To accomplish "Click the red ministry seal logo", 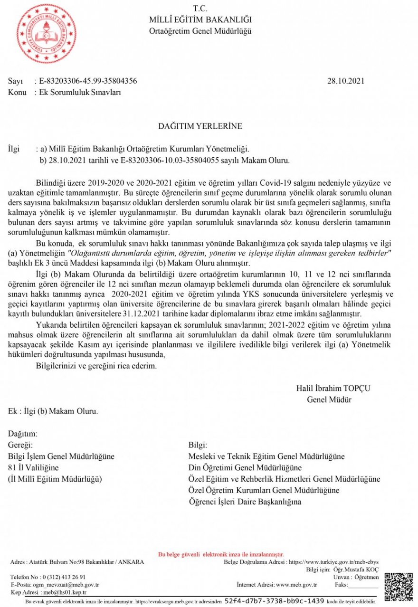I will point(47,34).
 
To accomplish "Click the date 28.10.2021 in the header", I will point(345,81).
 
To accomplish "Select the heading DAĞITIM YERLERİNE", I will point(200,126).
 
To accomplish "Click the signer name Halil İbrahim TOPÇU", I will point(333,388).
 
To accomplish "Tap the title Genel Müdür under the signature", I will point(329,399).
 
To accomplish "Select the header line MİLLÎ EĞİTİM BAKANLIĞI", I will point(200,19).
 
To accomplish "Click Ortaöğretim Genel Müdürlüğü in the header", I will point(200,31).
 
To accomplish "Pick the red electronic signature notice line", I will point(221,554).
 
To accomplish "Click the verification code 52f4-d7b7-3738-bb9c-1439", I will point(274,600).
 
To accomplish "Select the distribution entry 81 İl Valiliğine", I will point(33,468).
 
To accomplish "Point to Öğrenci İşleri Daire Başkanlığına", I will point(245,501).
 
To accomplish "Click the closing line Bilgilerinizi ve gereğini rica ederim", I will point(96,366).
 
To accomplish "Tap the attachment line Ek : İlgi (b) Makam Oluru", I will point(53,411).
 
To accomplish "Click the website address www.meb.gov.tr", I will point(296,585).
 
